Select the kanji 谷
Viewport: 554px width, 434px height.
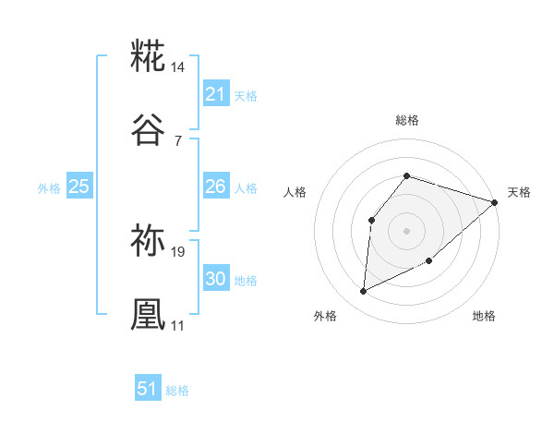click(x=149, y=130)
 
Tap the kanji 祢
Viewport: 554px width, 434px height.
click(x=149, y=242)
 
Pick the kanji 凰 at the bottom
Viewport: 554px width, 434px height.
click(x=149, y=315)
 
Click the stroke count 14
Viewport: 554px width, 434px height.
click(x=179, y=67)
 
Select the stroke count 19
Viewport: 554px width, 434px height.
click(x=179, y=251)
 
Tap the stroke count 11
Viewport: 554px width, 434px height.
click(x=178, y=325)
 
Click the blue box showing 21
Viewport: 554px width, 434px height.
click(x=215, y=93)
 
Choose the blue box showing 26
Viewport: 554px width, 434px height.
click(x=215, y=187)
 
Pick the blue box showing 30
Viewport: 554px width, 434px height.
click(x=215, y=279)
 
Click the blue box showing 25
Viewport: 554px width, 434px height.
click(x=78, y=187)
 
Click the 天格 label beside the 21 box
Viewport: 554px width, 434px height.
click(x=246, y=95)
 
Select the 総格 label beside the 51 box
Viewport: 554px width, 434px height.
click(x=177, y=391)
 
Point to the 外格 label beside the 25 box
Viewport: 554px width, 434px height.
click(x=49, y=188)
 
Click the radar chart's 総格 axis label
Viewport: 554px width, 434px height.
click(x=406, y=120)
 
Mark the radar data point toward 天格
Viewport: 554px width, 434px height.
click(x=495, y=202)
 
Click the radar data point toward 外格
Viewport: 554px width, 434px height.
click(x=364, y=292)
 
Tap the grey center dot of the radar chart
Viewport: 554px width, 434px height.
click(x=406, y=230)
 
